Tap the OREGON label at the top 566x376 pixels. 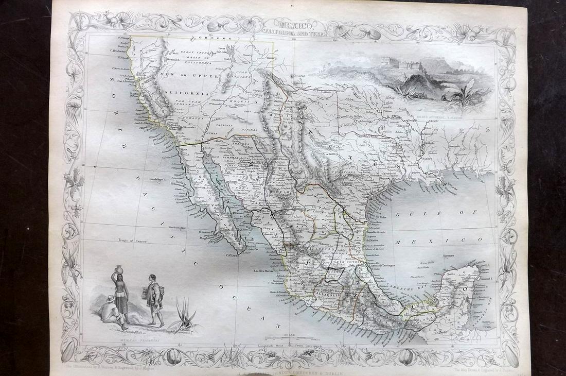point(210,38)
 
